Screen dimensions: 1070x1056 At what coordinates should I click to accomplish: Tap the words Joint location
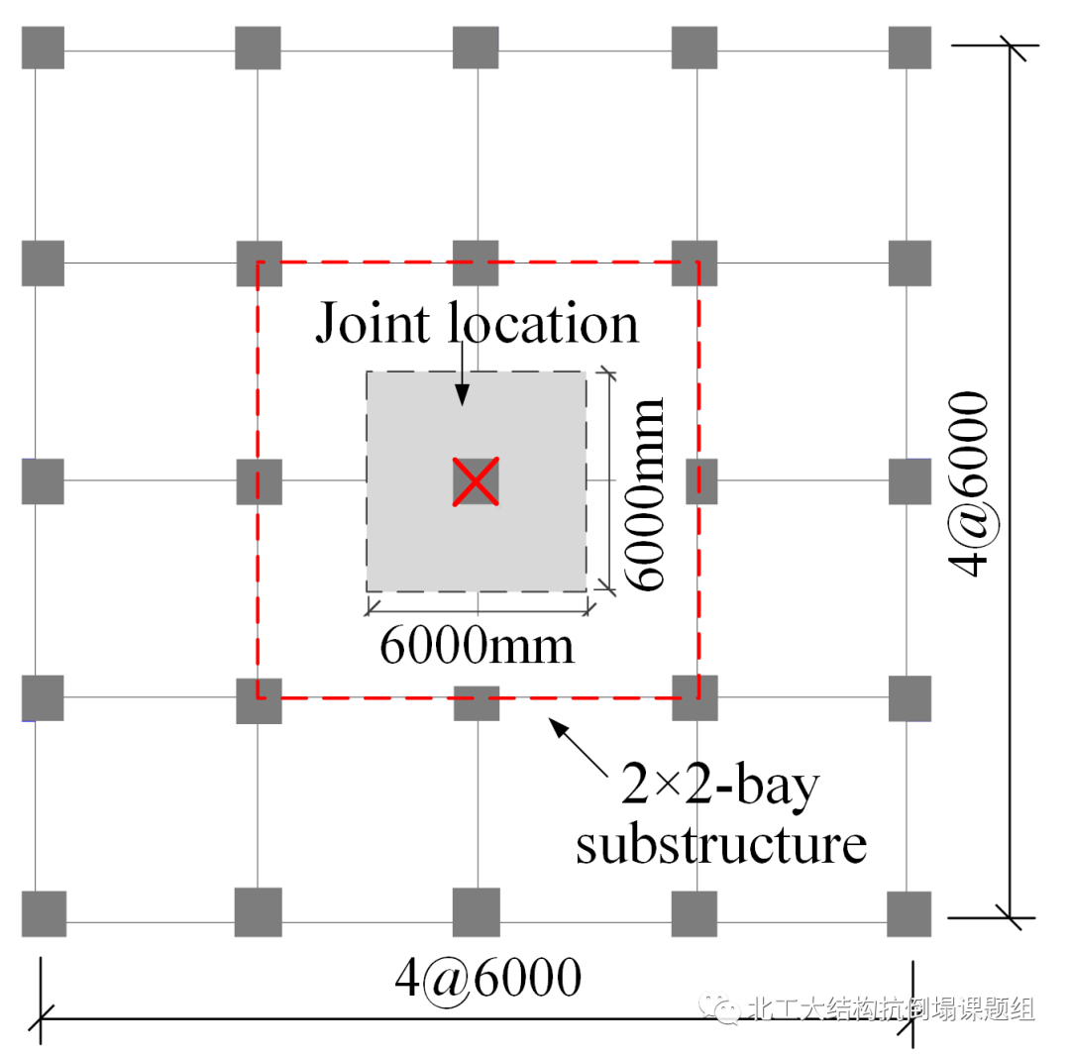(477, 324)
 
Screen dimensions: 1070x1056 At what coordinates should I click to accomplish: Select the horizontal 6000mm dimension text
(477, 645)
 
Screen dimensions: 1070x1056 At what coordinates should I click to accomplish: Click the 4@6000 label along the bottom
(487, 979)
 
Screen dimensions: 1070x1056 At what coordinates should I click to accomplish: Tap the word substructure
(721, 845)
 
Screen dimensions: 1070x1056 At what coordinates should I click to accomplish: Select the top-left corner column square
(44, 48)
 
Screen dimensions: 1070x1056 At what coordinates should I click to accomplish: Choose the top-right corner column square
(909, 48)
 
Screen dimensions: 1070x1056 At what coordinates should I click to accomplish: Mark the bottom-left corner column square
(44, 913)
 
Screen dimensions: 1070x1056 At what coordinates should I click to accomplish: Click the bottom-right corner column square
(909, 913)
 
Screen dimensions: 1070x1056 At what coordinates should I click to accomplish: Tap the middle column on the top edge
(476, 48)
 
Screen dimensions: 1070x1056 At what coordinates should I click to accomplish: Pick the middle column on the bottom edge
(476, 913)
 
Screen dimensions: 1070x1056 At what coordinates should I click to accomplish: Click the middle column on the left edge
(44, 481)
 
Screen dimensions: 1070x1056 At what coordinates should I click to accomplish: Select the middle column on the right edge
(909, 481)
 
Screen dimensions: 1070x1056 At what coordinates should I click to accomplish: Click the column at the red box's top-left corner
(258, 264)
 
